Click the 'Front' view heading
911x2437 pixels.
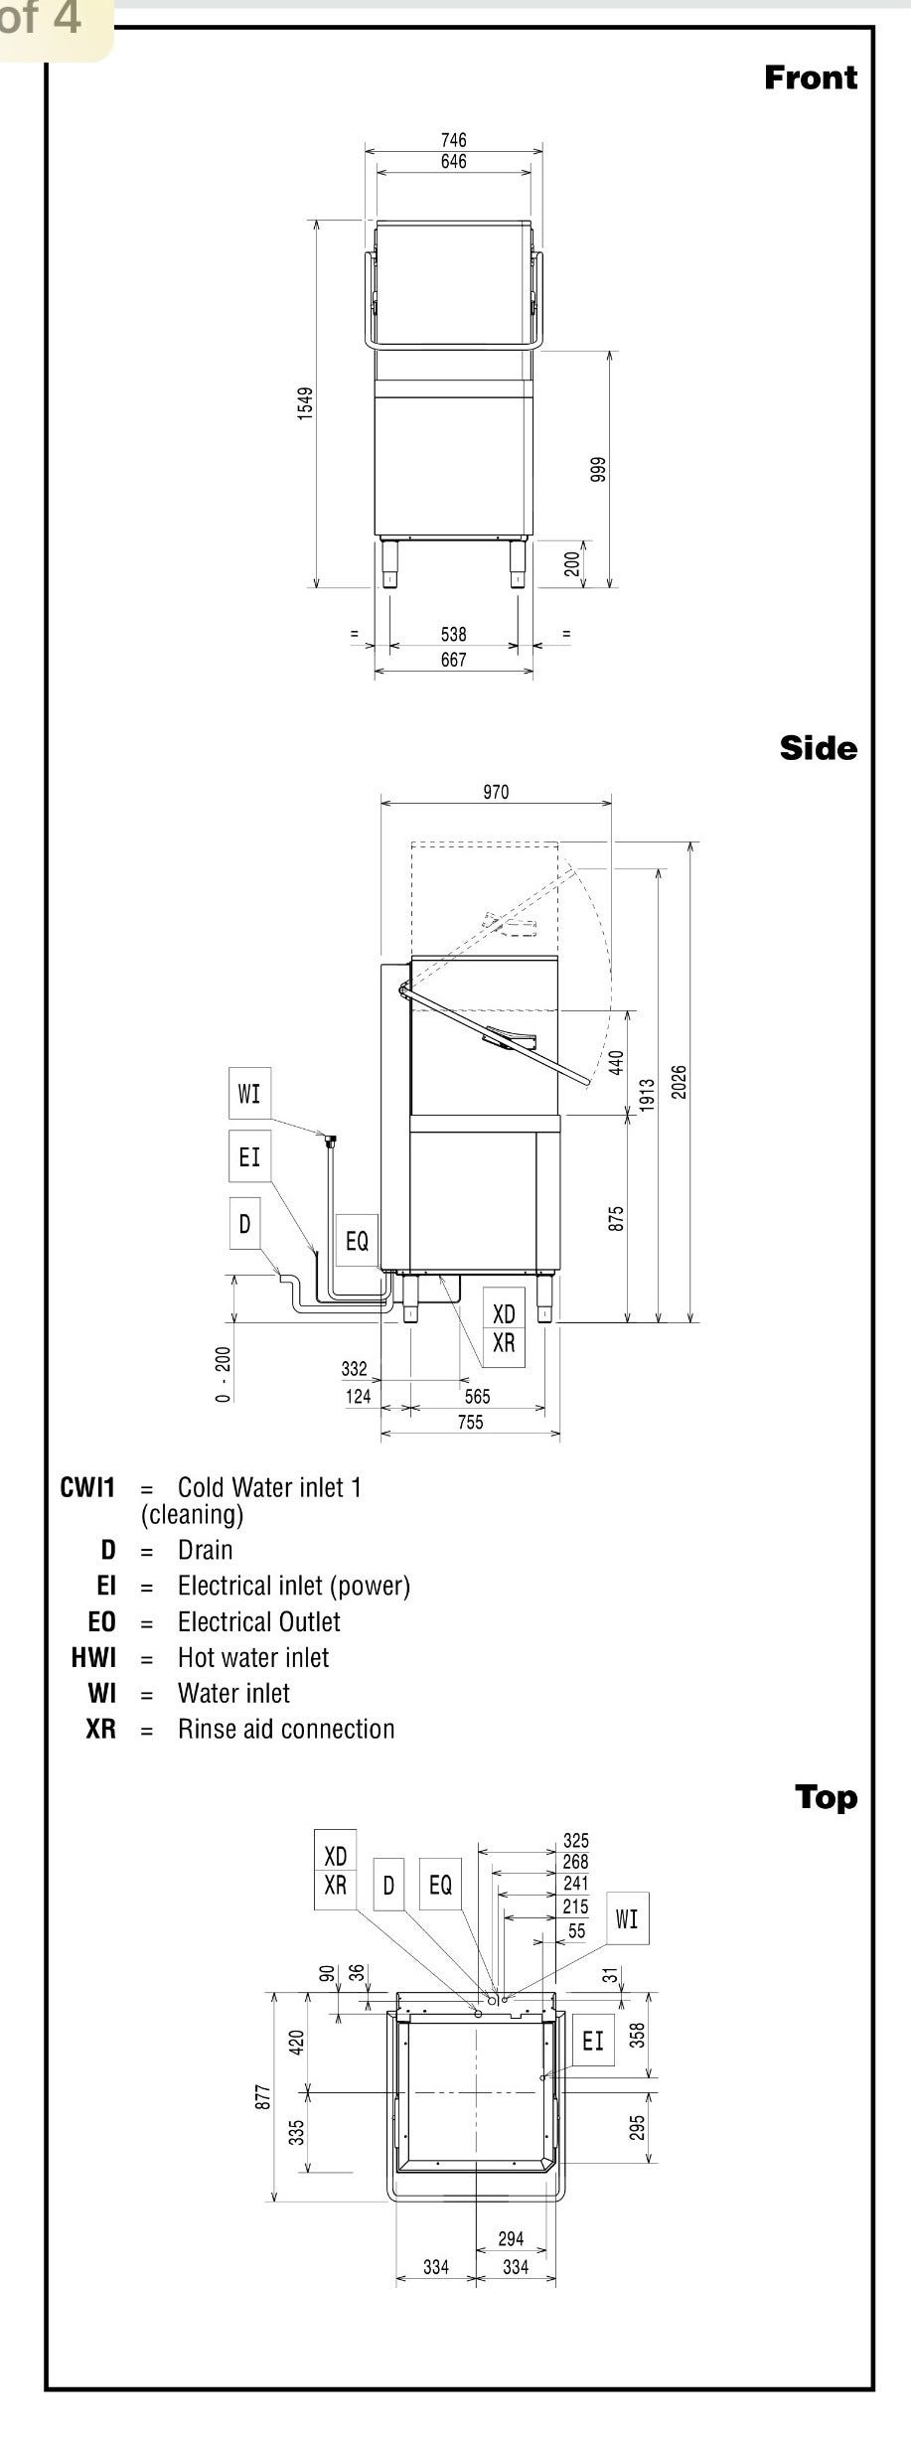click(x=810, y=77)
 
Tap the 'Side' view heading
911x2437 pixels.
click(x=818, y=748)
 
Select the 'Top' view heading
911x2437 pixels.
click(x=825, y=1797)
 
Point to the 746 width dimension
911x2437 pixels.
click(x=453, y=140)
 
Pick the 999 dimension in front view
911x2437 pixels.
click(x=597, y=469)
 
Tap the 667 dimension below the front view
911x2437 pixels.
click(x=453, y=660)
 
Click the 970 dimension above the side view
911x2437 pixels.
click(x=496, y=792)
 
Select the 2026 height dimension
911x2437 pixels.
click(x=680, y=1082)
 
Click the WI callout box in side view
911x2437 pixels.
click(x=249, y=1094)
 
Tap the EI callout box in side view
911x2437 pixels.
click(x=249, y=1156)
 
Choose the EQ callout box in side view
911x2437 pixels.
click(x=357, y=1241)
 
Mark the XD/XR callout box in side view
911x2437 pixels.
click(x=504, y=1328)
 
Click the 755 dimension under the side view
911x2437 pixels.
click(x=470, y=1422)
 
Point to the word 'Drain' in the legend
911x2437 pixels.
click(x=206, y=1550)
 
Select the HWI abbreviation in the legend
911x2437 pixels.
click(x=93, y=1657)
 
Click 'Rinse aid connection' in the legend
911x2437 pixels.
click(x=286, y=1729)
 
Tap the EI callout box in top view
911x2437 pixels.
click(x=593, y=2041)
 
